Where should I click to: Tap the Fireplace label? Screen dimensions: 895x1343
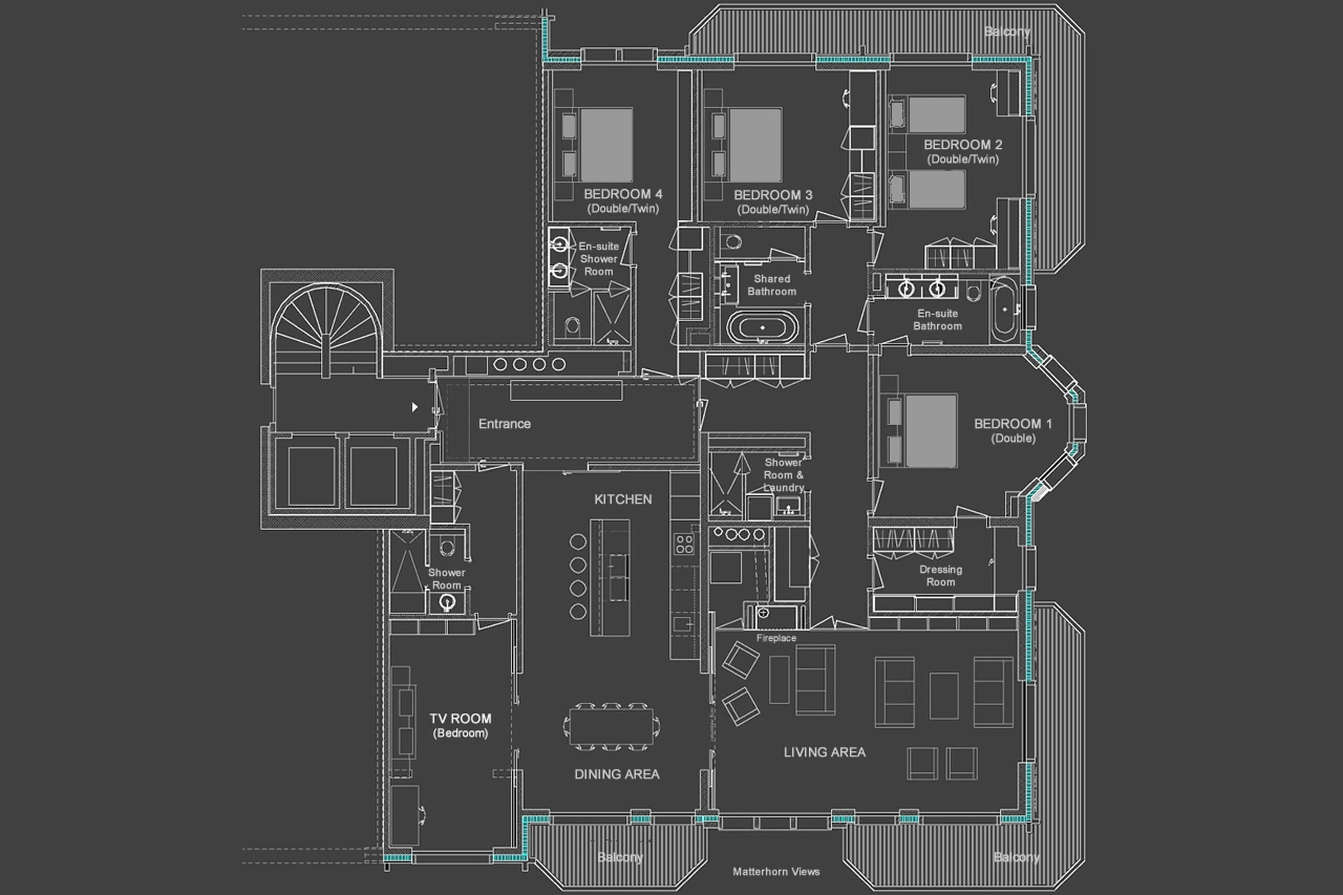[776, 638]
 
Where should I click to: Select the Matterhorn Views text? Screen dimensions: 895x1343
[776, 872]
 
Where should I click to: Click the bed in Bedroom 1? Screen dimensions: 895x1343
[930, 431]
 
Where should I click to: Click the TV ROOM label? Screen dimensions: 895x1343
[460, 719]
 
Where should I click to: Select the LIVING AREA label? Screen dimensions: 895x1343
[824, 752]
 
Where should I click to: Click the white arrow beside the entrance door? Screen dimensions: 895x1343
[415, 407]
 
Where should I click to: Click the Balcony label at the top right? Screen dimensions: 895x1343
[1007, 32]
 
